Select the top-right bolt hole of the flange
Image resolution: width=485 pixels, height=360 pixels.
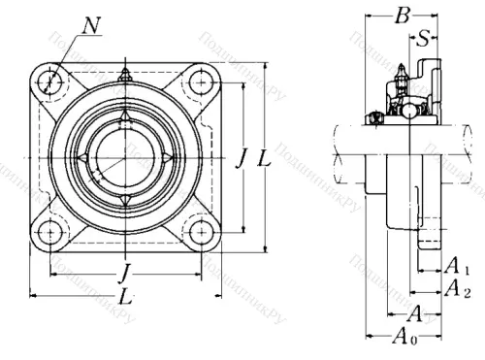coord(200,82)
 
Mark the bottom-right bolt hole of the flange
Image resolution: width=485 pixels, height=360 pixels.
coord(200,233)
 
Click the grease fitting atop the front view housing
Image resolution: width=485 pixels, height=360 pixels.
coord(123,76)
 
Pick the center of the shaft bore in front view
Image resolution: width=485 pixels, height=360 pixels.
coord(123,157)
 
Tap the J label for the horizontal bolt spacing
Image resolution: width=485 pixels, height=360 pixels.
coord(123,269)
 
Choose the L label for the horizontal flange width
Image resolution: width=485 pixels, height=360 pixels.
coord(123,293)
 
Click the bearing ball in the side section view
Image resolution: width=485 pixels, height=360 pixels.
coord(410,112)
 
